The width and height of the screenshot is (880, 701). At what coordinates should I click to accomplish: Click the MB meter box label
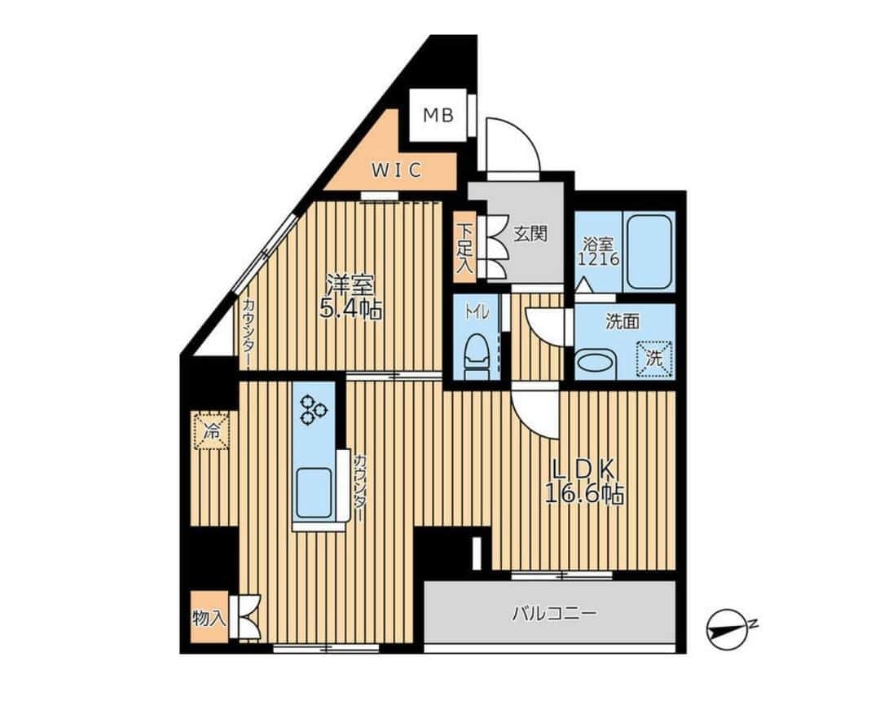click(438, 116)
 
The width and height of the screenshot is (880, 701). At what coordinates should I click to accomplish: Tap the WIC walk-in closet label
click(397, 170)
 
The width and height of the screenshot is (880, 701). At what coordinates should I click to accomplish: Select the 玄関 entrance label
click(530, 233)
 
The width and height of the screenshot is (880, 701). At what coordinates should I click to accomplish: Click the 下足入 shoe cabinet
click(464, 247)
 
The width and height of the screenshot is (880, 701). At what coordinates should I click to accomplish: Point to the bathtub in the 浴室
click(649, 251)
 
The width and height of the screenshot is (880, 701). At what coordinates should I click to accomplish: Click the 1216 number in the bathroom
click(600, 259)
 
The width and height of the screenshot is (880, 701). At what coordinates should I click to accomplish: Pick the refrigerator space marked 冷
click(212, 430)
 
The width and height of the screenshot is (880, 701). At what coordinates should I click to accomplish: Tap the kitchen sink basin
click(313, 492)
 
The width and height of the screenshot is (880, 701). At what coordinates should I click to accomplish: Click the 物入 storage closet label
click(209, 618)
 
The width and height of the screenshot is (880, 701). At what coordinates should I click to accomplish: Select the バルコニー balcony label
click(554, 613)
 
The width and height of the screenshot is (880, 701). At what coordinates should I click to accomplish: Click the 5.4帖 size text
click(350, 308)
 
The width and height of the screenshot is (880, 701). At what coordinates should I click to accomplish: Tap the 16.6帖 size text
click(585, 494)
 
